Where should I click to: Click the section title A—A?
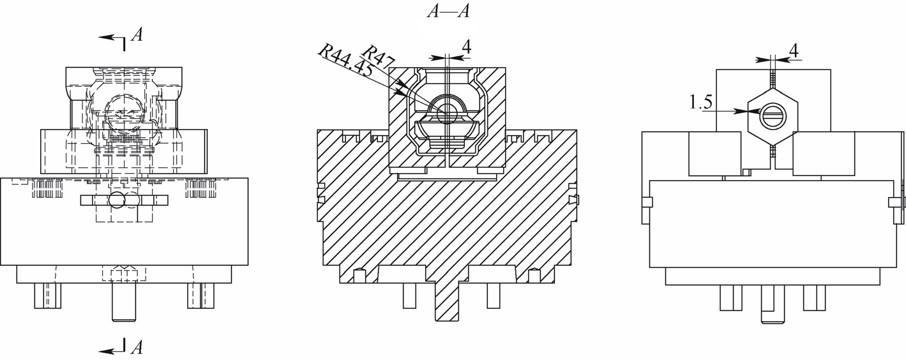pyautogui.click(x=448, y=11)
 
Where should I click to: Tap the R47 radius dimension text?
pyautogui.click(x=378, y=56)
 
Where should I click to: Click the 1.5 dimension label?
pyautogui.click(x=701, y=102)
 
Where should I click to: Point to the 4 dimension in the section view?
pyautogui.click(x=466, y=48)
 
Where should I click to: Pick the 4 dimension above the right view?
pyautogui.click(x=794, y=51)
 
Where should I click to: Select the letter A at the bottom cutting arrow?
pyautogui.click(x=137, y=347)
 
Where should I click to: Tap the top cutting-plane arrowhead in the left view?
pyautogui.click(x=106, y=37)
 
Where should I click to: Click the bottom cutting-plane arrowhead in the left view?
pyautogui.click(x=106, y=351)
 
